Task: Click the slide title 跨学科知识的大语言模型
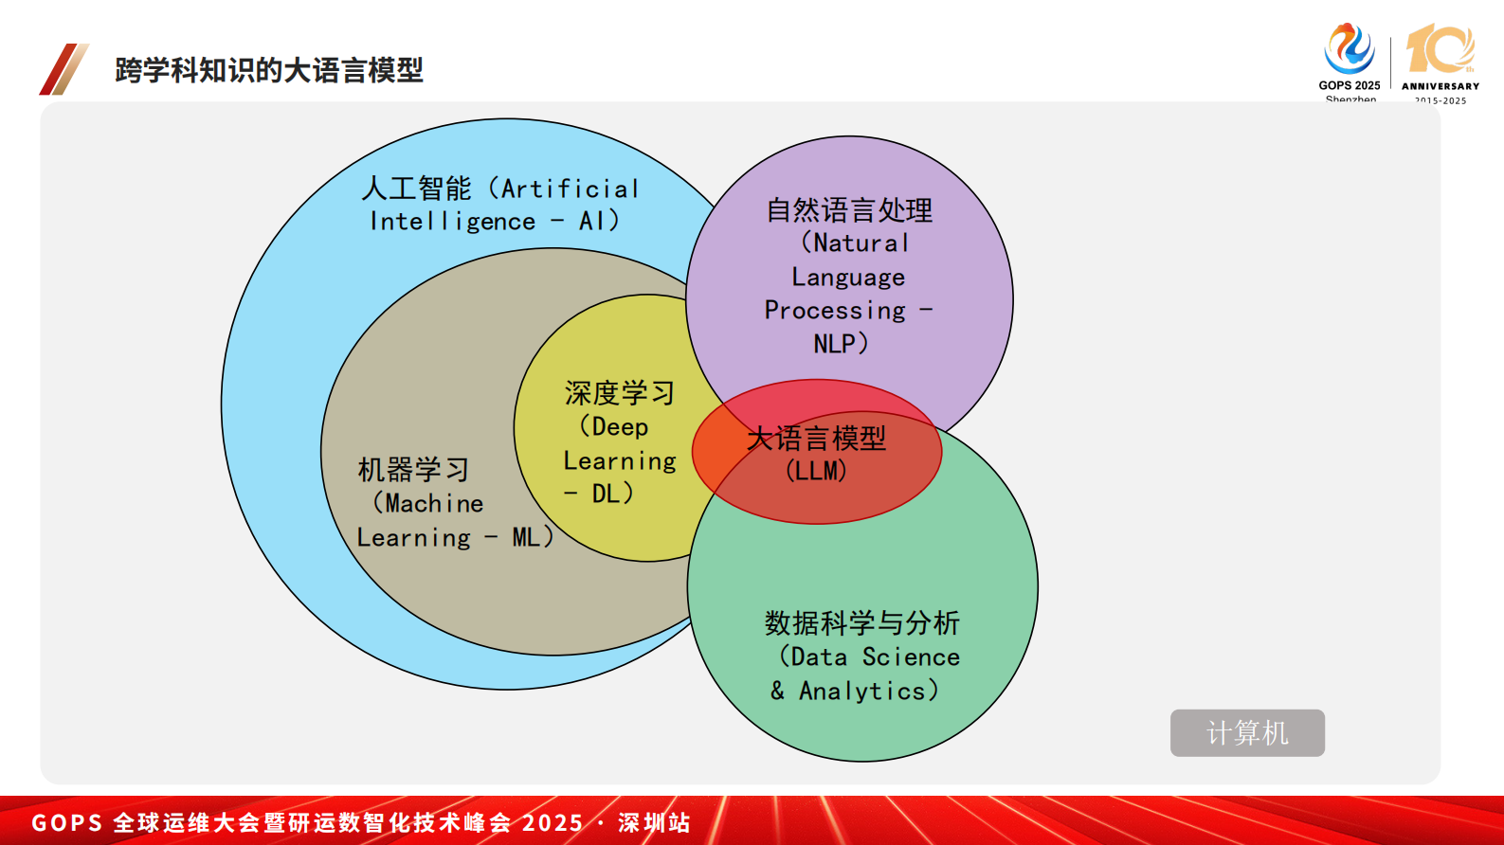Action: pos(269,70)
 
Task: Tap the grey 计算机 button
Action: pos(1246,732)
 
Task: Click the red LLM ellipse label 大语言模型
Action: pos(816,439)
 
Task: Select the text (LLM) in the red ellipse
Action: pos(816,471)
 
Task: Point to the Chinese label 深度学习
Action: pos(619,393)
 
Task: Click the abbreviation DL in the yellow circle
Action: pos(606,494)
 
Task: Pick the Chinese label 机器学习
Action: pos(413,470)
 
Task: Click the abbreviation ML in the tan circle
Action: pos(526,537)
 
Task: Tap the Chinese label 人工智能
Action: pos(416,189)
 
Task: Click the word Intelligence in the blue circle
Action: pos(453,222)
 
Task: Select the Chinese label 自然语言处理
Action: pos(849,210)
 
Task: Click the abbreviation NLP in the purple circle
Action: pos(834,344)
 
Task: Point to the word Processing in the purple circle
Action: pos(835,311)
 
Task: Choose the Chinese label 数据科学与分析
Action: pos(862,623)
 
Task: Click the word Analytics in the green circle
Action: pos(861,692)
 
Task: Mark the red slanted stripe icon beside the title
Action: pos(63,69)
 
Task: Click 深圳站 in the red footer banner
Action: pos(654,822)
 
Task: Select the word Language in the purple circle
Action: pos(848,278)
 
